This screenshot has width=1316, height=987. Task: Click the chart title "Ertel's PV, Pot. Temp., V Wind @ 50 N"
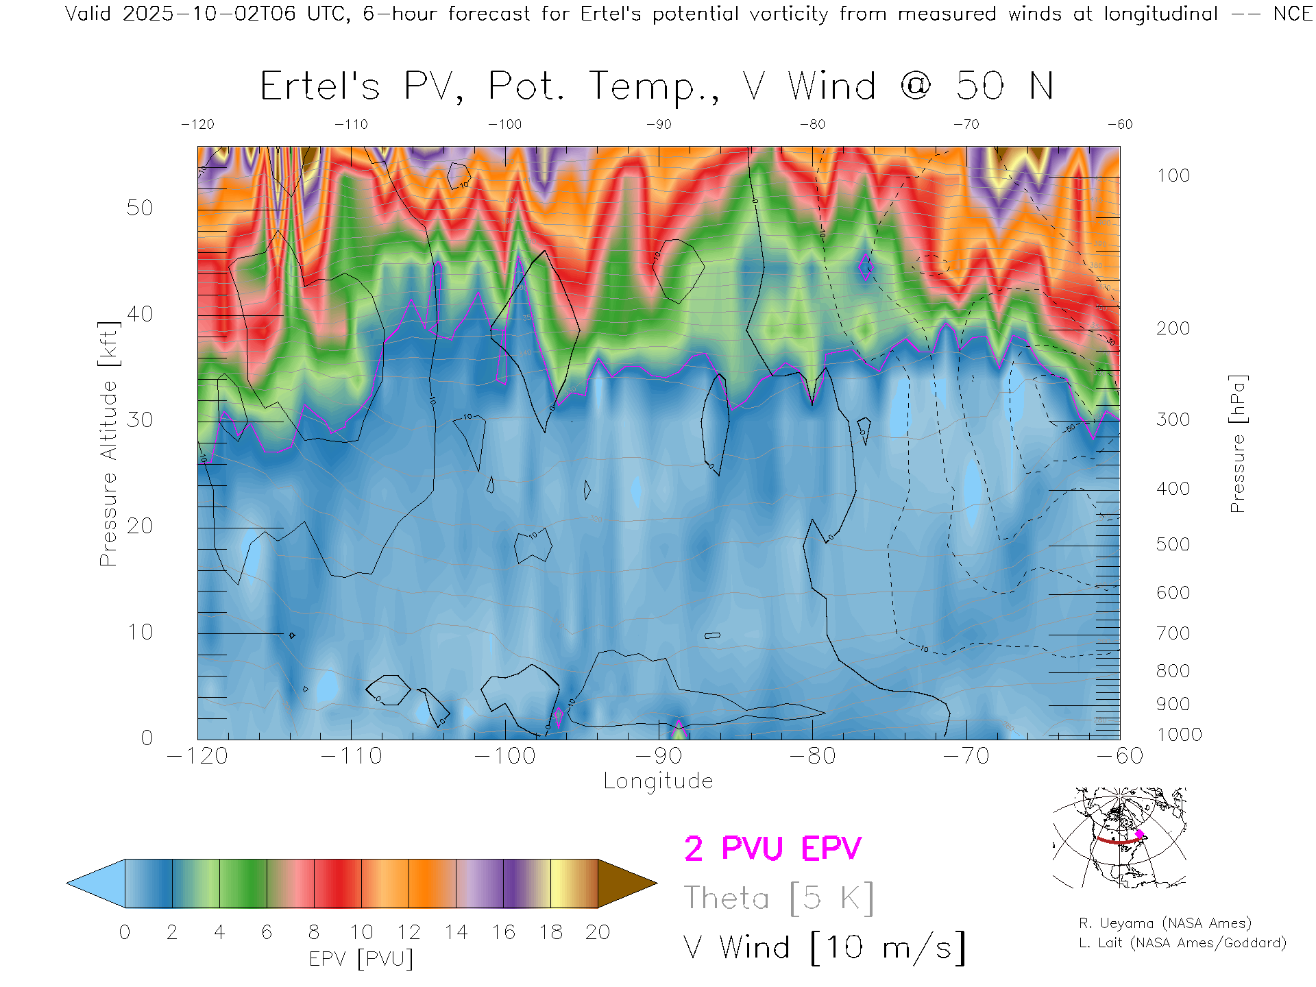pyautogui.click(x=656, y=87)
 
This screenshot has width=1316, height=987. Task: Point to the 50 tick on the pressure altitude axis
pyautogui.click(x=140, y=208)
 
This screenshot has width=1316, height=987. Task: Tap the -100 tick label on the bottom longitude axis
pyautogui.click(x=504, y=756)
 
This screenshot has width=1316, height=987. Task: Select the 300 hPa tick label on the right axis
pyautogui.click(x=1173, y=419)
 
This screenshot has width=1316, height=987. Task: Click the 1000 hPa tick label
pyautogui.click(x=1179, y=735)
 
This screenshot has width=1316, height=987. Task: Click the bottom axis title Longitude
pyautogui.click(x=658, y=781)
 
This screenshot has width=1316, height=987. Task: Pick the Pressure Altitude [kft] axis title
pyautogui.click(x=108, y=443)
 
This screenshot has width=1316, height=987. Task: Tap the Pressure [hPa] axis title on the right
pyautogui.click(x=1238, y=443)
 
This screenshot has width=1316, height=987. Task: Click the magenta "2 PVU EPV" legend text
pyautogui.click(x=772, y=849)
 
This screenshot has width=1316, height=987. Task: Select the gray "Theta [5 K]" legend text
pyautogui.click(x=779, y=898)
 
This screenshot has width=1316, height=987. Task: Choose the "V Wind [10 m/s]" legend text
pyautogui.click(x=825, y=948)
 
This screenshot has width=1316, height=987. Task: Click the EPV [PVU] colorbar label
pyautogui.click(x=361, y=959)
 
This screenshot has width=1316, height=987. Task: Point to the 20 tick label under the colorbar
pyautogui.click(x=598, y=932)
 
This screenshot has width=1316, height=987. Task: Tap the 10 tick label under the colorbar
pyautogui.click(x=361, y=932)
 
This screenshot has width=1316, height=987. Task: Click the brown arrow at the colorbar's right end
pyautogui.click(x=626, y=884)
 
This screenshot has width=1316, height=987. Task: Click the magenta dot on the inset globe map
pyautogui.click(x=1139, y=834)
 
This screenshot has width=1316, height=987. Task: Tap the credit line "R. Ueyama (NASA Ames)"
pyautogui.click(x=1165, y=923)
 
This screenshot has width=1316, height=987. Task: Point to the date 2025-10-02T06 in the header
pyautogui.click(x=209, y=14)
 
